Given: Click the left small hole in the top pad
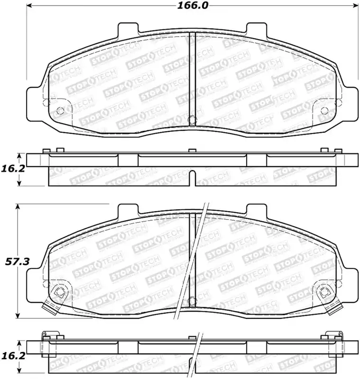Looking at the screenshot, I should [60, 110].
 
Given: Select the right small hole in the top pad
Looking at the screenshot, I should [324, 110].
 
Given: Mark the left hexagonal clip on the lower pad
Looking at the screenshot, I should [59, 293].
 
